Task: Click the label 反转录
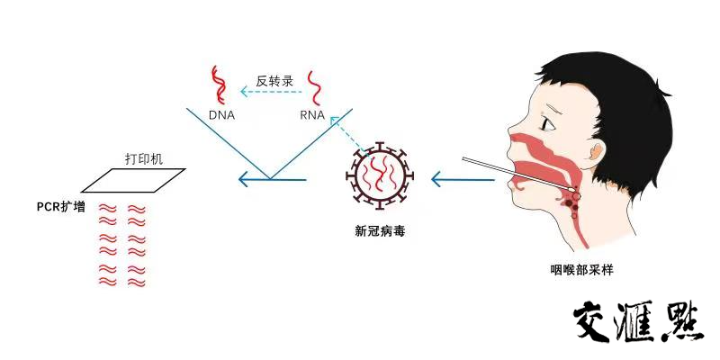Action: [275, 80]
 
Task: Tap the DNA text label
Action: [221, 115]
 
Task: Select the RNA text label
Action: [312, 115]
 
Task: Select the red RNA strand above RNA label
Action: [316, 88]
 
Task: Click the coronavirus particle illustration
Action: [379, 177]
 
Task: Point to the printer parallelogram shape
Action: [133, 180]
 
